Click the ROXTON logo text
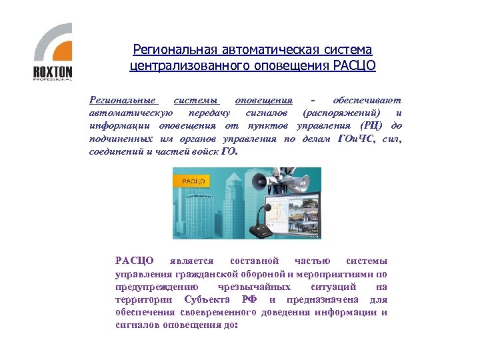[53, 71]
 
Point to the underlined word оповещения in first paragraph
[264, 101]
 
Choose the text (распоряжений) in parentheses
[342, 113]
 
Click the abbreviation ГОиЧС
[358, 139]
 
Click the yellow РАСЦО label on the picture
[193, 181]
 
